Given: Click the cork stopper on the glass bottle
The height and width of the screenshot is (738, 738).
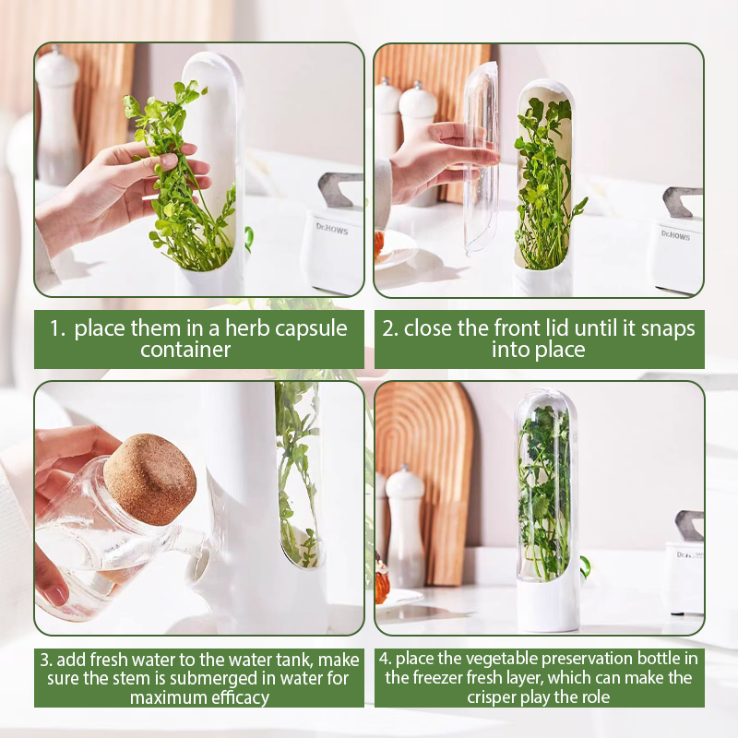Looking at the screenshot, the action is pos(150,479).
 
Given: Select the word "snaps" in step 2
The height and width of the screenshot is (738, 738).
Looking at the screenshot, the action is pos(667,329).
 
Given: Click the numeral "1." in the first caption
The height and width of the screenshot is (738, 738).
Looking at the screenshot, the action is pos(57,328).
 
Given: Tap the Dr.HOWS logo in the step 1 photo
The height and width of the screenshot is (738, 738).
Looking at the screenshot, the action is pos(332,229).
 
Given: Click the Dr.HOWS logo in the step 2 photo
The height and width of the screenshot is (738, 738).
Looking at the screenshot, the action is pos(675,235).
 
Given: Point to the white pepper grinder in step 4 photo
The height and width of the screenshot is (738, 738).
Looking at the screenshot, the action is pos(404,526).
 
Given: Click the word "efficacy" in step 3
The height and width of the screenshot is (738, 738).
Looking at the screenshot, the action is pos(240,697).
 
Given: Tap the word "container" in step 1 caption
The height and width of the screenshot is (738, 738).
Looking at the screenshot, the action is pos(185,350).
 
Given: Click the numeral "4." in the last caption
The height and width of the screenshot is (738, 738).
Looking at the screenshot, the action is pos(386,659).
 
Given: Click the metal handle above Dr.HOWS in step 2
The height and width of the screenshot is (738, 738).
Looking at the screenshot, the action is pos(682,201).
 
